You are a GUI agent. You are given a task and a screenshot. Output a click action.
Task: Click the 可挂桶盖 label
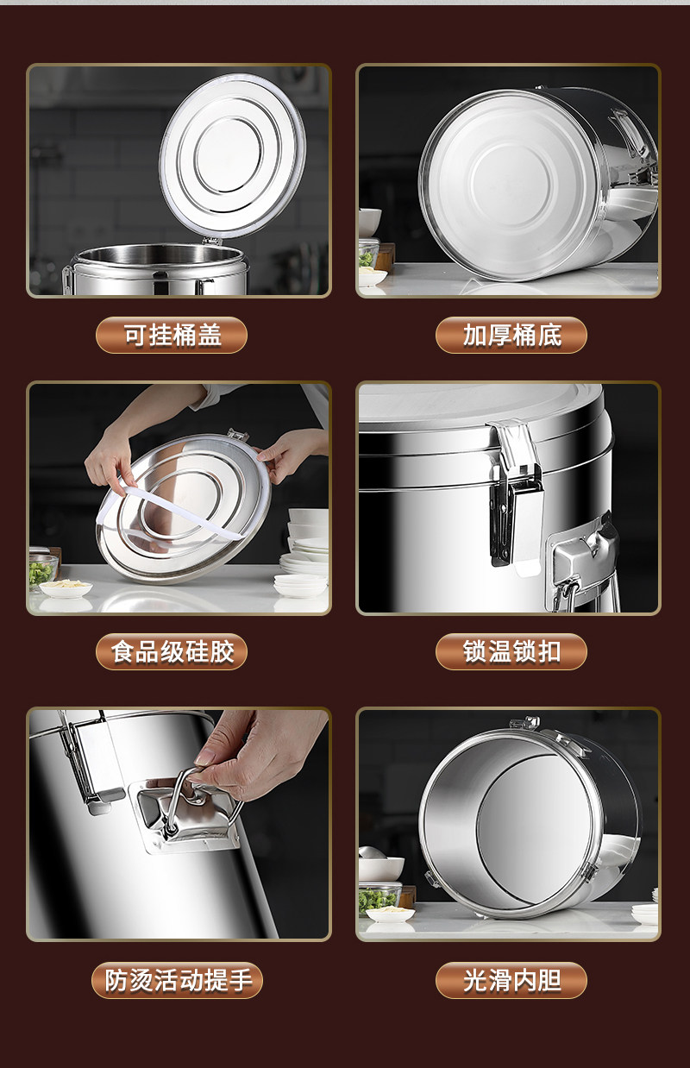[x=172, y=336]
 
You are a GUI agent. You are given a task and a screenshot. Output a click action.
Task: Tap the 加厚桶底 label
[x=511, y=336]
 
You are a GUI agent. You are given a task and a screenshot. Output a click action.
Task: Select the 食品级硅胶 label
[x=172, y=652]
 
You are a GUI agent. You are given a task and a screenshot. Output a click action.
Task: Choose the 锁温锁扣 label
[x=511, y=652]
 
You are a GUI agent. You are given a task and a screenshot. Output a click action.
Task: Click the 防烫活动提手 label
[x=177, y=980]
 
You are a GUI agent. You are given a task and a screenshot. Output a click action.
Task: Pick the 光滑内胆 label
[x=511, y=980]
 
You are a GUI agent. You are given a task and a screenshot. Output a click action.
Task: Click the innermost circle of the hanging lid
[x=229, y=155]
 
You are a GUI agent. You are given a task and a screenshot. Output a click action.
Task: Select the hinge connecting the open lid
[x=211, y=241]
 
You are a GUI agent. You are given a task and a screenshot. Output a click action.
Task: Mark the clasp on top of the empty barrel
[x=524, y=723]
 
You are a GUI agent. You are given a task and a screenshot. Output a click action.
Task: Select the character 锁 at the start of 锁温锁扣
[x=474, y=652]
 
